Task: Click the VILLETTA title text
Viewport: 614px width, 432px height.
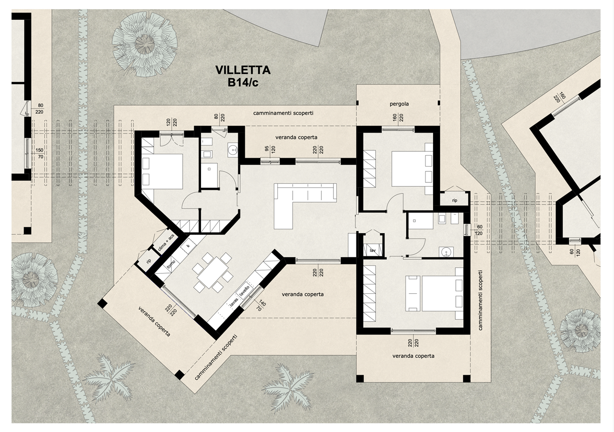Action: pyautogui.click(x=243, y=70)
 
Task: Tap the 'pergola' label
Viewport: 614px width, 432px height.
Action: pyautogui.click(x=399, y=104)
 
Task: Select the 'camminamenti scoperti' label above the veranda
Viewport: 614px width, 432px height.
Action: pyautogui.click(x=283, y=113)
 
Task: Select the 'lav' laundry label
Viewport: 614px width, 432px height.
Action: pyautogui.click(x=373, y=251)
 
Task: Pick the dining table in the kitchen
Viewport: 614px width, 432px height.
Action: pyautogui.click(x=213, y=272)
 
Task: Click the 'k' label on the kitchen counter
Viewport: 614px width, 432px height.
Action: pyautogui.click(x=189, y=245)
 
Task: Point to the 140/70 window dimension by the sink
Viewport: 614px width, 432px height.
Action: pyautogui.click(x=260, y=305)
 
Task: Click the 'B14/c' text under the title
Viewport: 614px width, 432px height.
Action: pyautogui.click(x=243, y=83)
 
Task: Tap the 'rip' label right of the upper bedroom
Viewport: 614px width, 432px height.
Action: pyautogui.click(x=455, y=201)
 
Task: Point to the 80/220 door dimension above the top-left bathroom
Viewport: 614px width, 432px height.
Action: pyautogui.click(x=219, y=118)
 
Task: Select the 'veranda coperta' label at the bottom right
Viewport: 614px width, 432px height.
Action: pyautogui.click(x=413, y=356)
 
